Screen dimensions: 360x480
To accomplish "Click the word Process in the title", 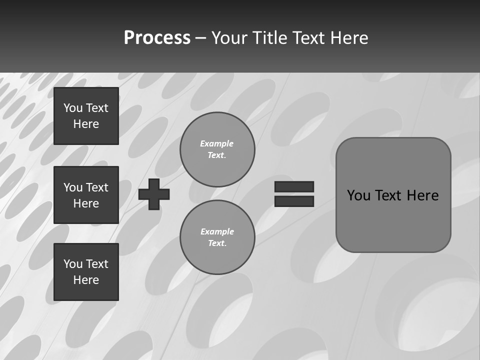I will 157,38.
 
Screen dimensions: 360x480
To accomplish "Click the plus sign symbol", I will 154,194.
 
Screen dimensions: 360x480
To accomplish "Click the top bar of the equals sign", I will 294,186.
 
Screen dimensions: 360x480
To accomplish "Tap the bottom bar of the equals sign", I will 294,201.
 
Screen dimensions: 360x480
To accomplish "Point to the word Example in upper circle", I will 216,143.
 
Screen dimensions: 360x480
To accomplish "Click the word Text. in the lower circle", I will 217,243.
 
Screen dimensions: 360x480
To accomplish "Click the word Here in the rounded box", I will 422,195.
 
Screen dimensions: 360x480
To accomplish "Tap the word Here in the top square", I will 86,124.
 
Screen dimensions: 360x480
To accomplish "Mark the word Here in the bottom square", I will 86,280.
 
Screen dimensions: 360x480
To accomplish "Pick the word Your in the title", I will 229,38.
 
